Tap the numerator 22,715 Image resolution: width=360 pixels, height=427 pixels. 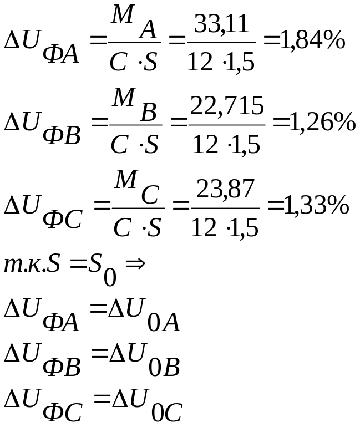(227, 106)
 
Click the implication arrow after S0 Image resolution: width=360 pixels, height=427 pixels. (135, 262)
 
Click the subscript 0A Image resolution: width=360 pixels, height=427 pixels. (164, 323)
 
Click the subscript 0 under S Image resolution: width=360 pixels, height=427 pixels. (110, 277)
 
